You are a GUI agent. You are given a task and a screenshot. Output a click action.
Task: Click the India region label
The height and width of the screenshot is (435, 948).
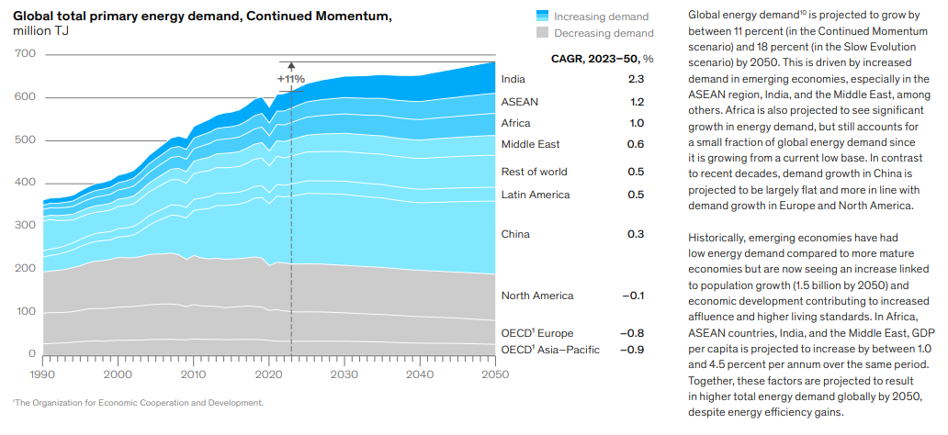click(x=513, y=80)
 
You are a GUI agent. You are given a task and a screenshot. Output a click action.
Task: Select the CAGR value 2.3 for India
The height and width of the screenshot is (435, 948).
click(x=636, y=80)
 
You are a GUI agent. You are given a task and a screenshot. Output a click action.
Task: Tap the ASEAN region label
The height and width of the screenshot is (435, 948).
click(x=520, y=102)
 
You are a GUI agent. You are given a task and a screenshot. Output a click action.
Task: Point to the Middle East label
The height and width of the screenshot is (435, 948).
click(x=530, y=144)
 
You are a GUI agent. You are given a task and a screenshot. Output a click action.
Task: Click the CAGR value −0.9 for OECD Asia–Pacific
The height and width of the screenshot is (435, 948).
click(x=632, y=350)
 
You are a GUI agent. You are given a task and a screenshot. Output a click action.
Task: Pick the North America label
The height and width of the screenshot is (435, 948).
click(x=536, y=296)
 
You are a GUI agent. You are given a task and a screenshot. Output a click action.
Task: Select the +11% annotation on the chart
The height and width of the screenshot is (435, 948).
click(x=290, y=79)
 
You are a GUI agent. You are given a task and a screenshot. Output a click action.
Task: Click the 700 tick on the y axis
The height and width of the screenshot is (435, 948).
click(x=26, y=54)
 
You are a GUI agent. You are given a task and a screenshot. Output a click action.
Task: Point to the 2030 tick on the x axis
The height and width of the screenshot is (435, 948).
click(x=344, y=374)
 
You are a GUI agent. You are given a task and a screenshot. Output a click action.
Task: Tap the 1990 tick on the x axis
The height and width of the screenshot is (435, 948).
click(x=43, y=374)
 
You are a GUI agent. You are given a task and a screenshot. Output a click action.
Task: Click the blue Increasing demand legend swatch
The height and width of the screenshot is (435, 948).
click(x=542, y=17)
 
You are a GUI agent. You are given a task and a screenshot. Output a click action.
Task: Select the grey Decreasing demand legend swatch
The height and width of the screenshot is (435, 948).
click(x=542, y=33)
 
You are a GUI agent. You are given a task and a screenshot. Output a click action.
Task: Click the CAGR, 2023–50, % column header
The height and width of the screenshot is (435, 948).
click(x=602, y=59)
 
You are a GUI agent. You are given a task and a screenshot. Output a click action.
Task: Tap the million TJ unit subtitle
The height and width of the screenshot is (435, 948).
click(x=40, y=31)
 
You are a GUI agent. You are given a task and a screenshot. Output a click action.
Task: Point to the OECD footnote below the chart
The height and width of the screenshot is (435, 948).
click(x=139, y=402)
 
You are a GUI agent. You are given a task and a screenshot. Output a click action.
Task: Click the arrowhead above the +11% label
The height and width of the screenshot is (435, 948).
click(x=291, y=66)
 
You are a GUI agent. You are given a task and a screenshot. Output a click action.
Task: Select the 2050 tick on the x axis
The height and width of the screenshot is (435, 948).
click(x=494, y=374)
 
